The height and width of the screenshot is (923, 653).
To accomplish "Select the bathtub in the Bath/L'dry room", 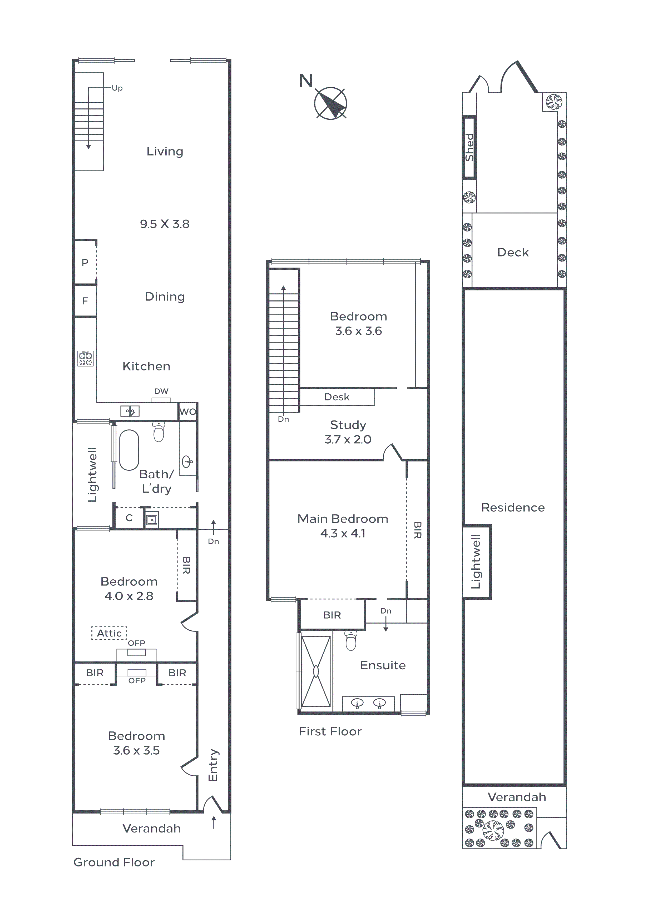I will pos(129,450).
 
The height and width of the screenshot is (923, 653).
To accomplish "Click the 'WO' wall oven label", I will pos(187,412).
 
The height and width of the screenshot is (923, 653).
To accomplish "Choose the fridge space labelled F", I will pos(85,301).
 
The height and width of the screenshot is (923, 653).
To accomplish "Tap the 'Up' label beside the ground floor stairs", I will pos(117,88).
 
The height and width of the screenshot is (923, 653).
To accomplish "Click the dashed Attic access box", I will pos(109,633).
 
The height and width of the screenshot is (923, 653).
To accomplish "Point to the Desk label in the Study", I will pos(337,397).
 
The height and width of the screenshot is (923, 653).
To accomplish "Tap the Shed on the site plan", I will pos(469,148).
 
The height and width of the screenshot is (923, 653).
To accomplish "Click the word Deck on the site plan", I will pos(513,253).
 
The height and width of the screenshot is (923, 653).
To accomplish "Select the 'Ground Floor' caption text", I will pos(114,862).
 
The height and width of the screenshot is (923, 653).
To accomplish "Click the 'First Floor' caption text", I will pos(330,731).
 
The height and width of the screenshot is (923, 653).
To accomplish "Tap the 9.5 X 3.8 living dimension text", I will pos(165,224).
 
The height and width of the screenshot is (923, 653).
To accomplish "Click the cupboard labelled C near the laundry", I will pos(129,518).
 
